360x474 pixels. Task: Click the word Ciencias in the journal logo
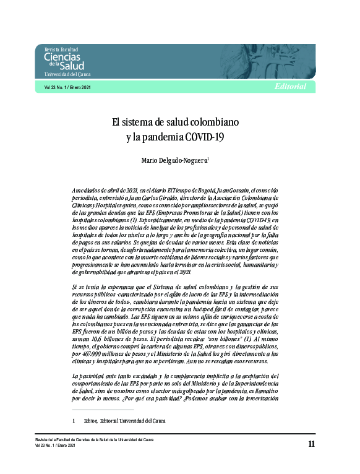pos(62,58)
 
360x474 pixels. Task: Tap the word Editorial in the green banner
pos(289,87)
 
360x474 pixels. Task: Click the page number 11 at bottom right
pos(311,444)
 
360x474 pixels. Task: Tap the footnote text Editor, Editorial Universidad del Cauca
pos(124,421)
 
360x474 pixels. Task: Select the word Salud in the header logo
pos(72,66)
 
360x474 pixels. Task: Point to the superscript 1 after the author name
pos(209,158)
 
